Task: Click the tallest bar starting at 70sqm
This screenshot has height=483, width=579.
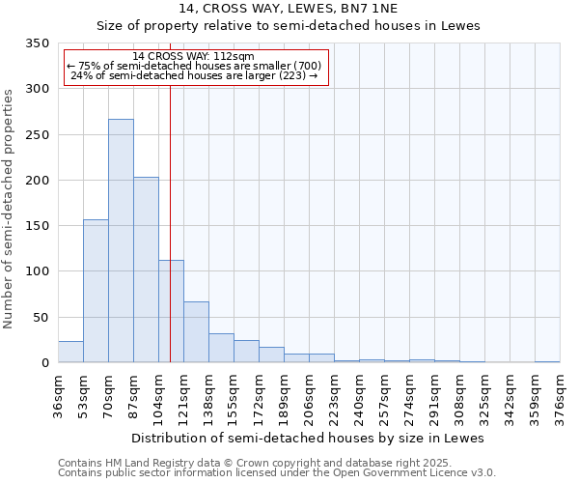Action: [x=121, y=241]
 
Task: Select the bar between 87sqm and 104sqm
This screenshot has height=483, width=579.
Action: [x=146, y=270]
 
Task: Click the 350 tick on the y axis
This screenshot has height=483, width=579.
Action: [x=39, y=44]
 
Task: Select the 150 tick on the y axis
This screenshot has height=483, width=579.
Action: [x=39, y=226]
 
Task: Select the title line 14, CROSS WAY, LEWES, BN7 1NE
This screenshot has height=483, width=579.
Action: [x=288, y=9]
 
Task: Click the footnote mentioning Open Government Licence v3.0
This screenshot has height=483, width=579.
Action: [x=277, y=472]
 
